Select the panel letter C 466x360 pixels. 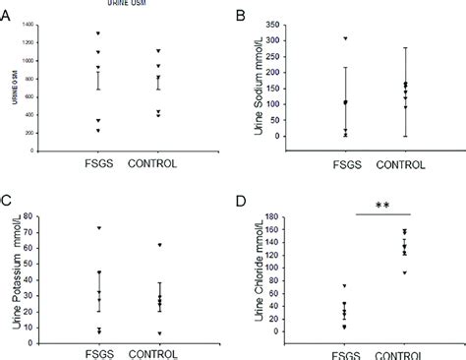[x=9, y=202]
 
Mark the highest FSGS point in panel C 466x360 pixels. [x=99, y=228]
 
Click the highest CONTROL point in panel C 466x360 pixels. [x=159, y=245]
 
